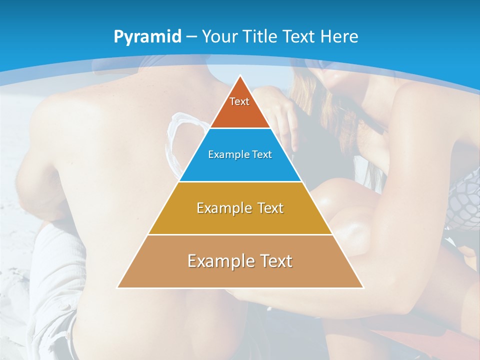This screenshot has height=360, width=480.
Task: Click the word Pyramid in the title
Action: [147, 37]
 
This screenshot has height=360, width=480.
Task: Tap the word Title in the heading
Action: [261, 36]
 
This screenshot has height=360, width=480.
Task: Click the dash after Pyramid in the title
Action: [191, 37]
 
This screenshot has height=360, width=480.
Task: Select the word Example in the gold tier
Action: [222, 208]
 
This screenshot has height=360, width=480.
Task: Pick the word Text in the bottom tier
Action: [274, 261]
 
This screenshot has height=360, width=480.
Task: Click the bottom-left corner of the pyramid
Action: [117, 287]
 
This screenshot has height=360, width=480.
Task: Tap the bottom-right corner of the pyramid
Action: [363, 287]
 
